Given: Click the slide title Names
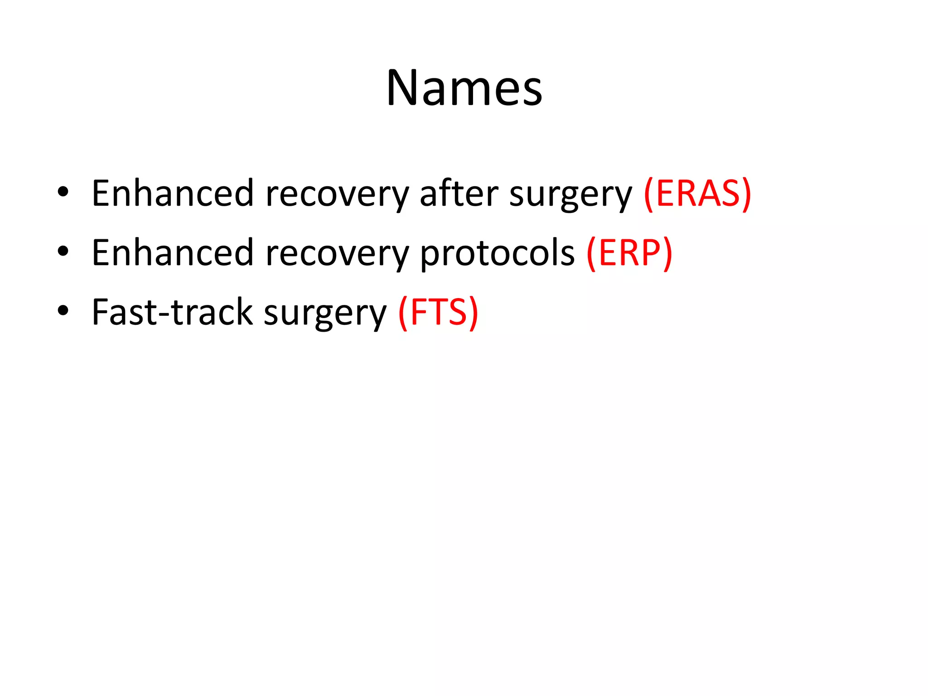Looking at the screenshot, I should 464,88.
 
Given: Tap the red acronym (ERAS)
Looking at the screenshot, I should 697,194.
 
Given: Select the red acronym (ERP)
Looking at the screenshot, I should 629,253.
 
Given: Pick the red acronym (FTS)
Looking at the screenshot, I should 438,313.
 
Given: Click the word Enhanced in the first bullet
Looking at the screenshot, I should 172,194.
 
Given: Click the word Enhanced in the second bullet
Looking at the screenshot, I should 172,253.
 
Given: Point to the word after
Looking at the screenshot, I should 459,194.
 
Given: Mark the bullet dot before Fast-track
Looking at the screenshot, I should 63,311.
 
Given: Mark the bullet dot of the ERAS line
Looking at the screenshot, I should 63,192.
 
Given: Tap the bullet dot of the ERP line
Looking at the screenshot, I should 63,251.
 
